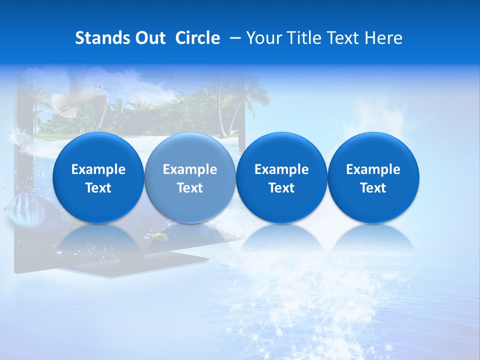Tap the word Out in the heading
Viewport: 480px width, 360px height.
(x=150, y=38)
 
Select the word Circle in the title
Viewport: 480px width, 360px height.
(x=197, y=38)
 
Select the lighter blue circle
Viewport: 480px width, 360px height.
(x=190, y=177)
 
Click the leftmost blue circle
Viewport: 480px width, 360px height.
(x=98, y=177)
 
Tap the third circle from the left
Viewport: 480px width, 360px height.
(x=281, y=177)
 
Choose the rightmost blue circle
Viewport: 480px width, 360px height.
(x=373, y=177)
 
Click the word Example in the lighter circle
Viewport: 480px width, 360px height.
(x=190, y=169)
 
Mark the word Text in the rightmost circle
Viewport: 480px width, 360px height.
(x=373, y=188)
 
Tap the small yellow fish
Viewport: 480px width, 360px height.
(x=161, y=236)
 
